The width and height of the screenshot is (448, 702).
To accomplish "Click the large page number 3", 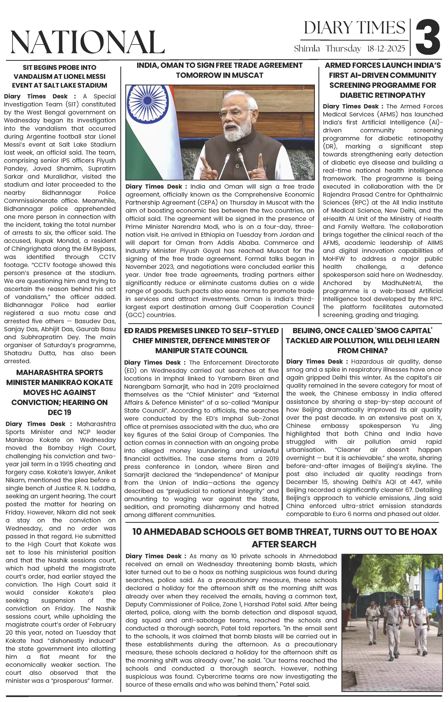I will point(428,37).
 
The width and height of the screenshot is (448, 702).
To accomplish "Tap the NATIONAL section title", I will point(87,42).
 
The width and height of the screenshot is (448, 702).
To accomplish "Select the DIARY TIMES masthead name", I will point(354,28).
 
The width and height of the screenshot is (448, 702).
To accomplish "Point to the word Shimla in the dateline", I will point(307,49).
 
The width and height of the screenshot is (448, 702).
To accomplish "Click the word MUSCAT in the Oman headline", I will point(249,75).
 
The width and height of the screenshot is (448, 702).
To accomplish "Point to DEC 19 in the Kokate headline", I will point(59,412).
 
